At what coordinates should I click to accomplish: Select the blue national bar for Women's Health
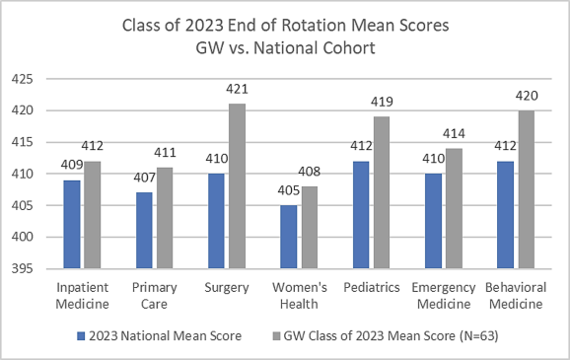pos(288,236)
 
